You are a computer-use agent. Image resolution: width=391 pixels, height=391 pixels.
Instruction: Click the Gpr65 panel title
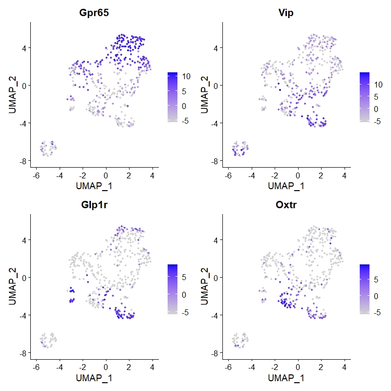(x=94, y=13)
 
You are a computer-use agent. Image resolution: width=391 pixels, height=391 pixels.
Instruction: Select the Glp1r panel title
(x=94, y=205)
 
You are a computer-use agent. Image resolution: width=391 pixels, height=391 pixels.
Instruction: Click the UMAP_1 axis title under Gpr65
(x=94, y=186)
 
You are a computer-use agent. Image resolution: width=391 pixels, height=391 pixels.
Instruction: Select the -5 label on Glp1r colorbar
(x=185, y=311)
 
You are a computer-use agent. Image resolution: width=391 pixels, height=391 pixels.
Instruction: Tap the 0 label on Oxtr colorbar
(x=375, y=296)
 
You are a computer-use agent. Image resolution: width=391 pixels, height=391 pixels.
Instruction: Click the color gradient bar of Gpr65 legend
(x=172, y=96)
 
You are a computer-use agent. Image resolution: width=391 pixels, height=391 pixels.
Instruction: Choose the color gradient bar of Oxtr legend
(x=364, y=288)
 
